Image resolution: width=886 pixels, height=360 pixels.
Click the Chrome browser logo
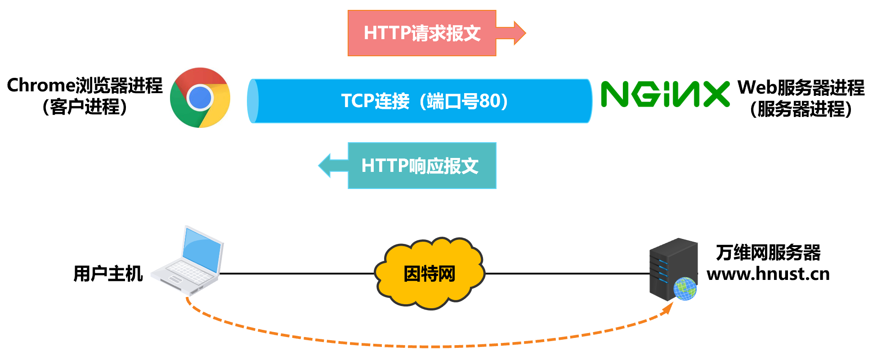(x=200, y=98)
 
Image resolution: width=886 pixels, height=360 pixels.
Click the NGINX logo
(x=665, y=94)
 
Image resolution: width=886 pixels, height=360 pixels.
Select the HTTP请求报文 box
(x=422, y=33)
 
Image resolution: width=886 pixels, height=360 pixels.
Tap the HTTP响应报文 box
(x=422, y=166)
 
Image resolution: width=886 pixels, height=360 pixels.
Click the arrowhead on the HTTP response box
(x=326, y=166)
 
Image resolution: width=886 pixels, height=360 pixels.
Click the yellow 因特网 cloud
(x=430, y=274)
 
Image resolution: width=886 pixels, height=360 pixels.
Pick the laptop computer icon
(x=189, y=261)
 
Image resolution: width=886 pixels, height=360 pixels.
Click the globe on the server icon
(x=685, y=288)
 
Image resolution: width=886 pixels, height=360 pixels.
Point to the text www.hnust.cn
(x=768, y=274)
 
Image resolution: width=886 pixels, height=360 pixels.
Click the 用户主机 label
(x=108, y=274)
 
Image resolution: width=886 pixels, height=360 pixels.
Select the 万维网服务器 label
(x=768, y=252)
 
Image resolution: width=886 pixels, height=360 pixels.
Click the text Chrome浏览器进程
(x=85, y=85)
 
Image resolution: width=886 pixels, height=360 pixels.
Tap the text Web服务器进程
(x=801, y=88)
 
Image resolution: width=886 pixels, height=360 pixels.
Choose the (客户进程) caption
(x=85, y=107)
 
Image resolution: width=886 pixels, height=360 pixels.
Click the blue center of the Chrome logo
(x=200, y=98)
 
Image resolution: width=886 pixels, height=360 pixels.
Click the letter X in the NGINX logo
(x=716, y=94)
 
